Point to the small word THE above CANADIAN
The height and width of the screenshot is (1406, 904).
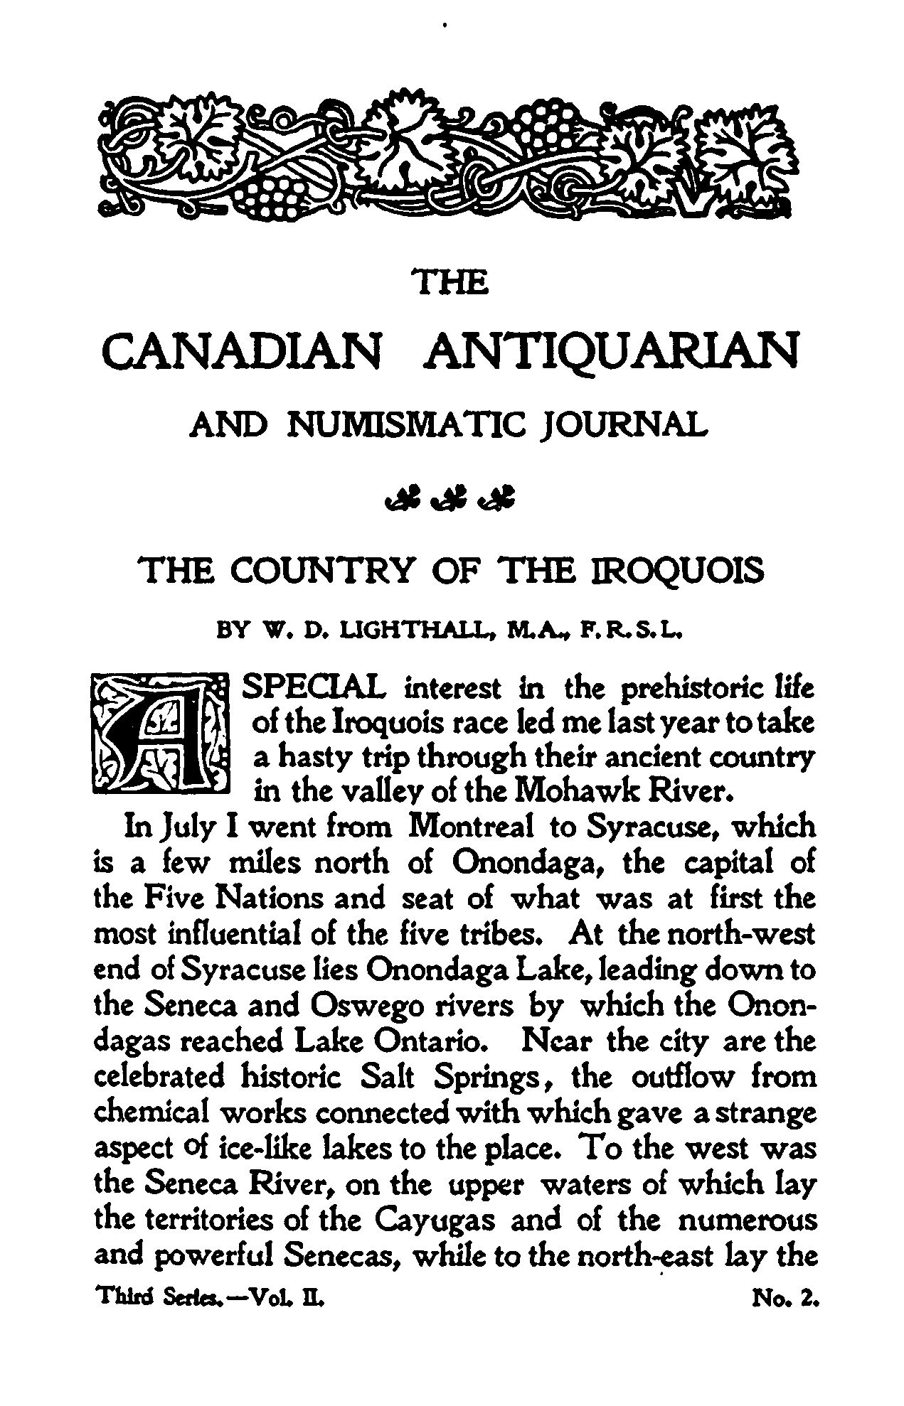(452, 284)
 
